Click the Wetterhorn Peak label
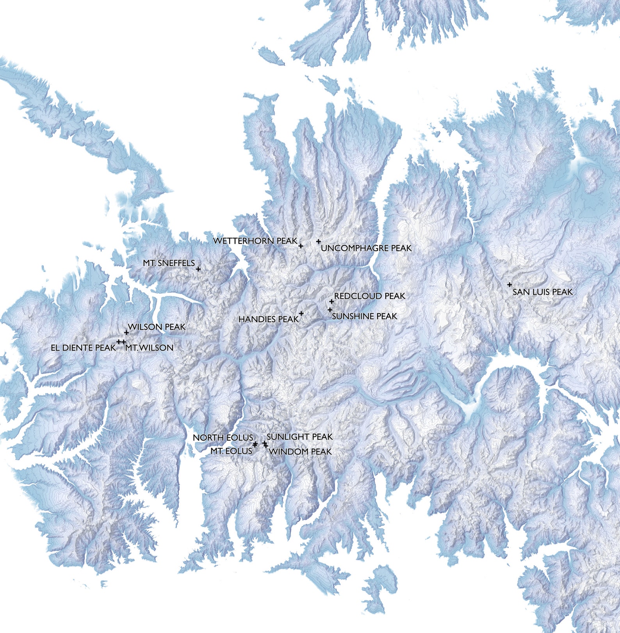pos(255,241)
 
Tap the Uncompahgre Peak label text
pos(366,248)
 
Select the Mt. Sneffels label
pos(169,263)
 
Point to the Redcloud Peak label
pos(370,296)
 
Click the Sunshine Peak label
pos(364,316)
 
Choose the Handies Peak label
pos(268,319)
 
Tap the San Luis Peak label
pos(542,292)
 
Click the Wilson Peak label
pos(157,327)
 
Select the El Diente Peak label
pos(83,348)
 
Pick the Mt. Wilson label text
pos(149,348)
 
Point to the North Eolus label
pos(223,438)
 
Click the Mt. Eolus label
pos(231,451)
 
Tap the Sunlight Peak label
pos(299,437)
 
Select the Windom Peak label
pos(300,452)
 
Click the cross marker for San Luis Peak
pos(510,285)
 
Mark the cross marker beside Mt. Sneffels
pos(198,269)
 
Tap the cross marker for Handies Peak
pos(301,313)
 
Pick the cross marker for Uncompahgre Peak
pos(319,242)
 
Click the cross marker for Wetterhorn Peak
pos(301,246)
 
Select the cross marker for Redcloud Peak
pos(331,301)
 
